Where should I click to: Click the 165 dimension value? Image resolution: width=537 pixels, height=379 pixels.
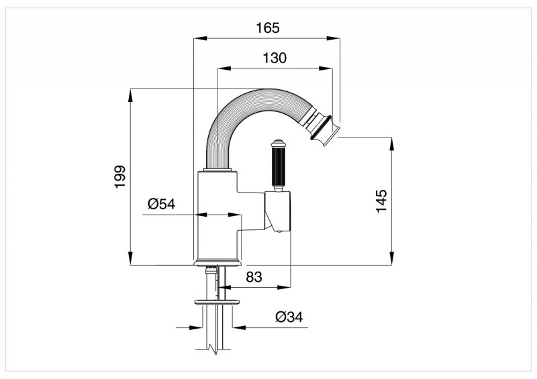click(266, 28)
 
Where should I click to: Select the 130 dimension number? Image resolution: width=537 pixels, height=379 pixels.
click(275, 58)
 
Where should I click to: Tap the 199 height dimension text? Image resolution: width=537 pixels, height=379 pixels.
click(119, 176)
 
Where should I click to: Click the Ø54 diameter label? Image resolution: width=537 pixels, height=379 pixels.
click(161, 204)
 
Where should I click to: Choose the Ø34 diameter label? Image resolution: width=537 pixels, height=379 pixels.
click(290, 317)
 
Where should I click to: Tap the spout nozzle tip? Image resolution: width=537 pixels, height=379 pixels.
click(325, 129)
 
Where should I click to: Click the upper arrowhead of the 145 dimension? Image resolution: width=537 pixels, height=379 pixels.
click(390, 140)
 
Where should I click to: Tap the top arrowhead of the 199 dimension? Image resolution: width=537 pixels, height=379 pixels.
click(130, 92)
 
